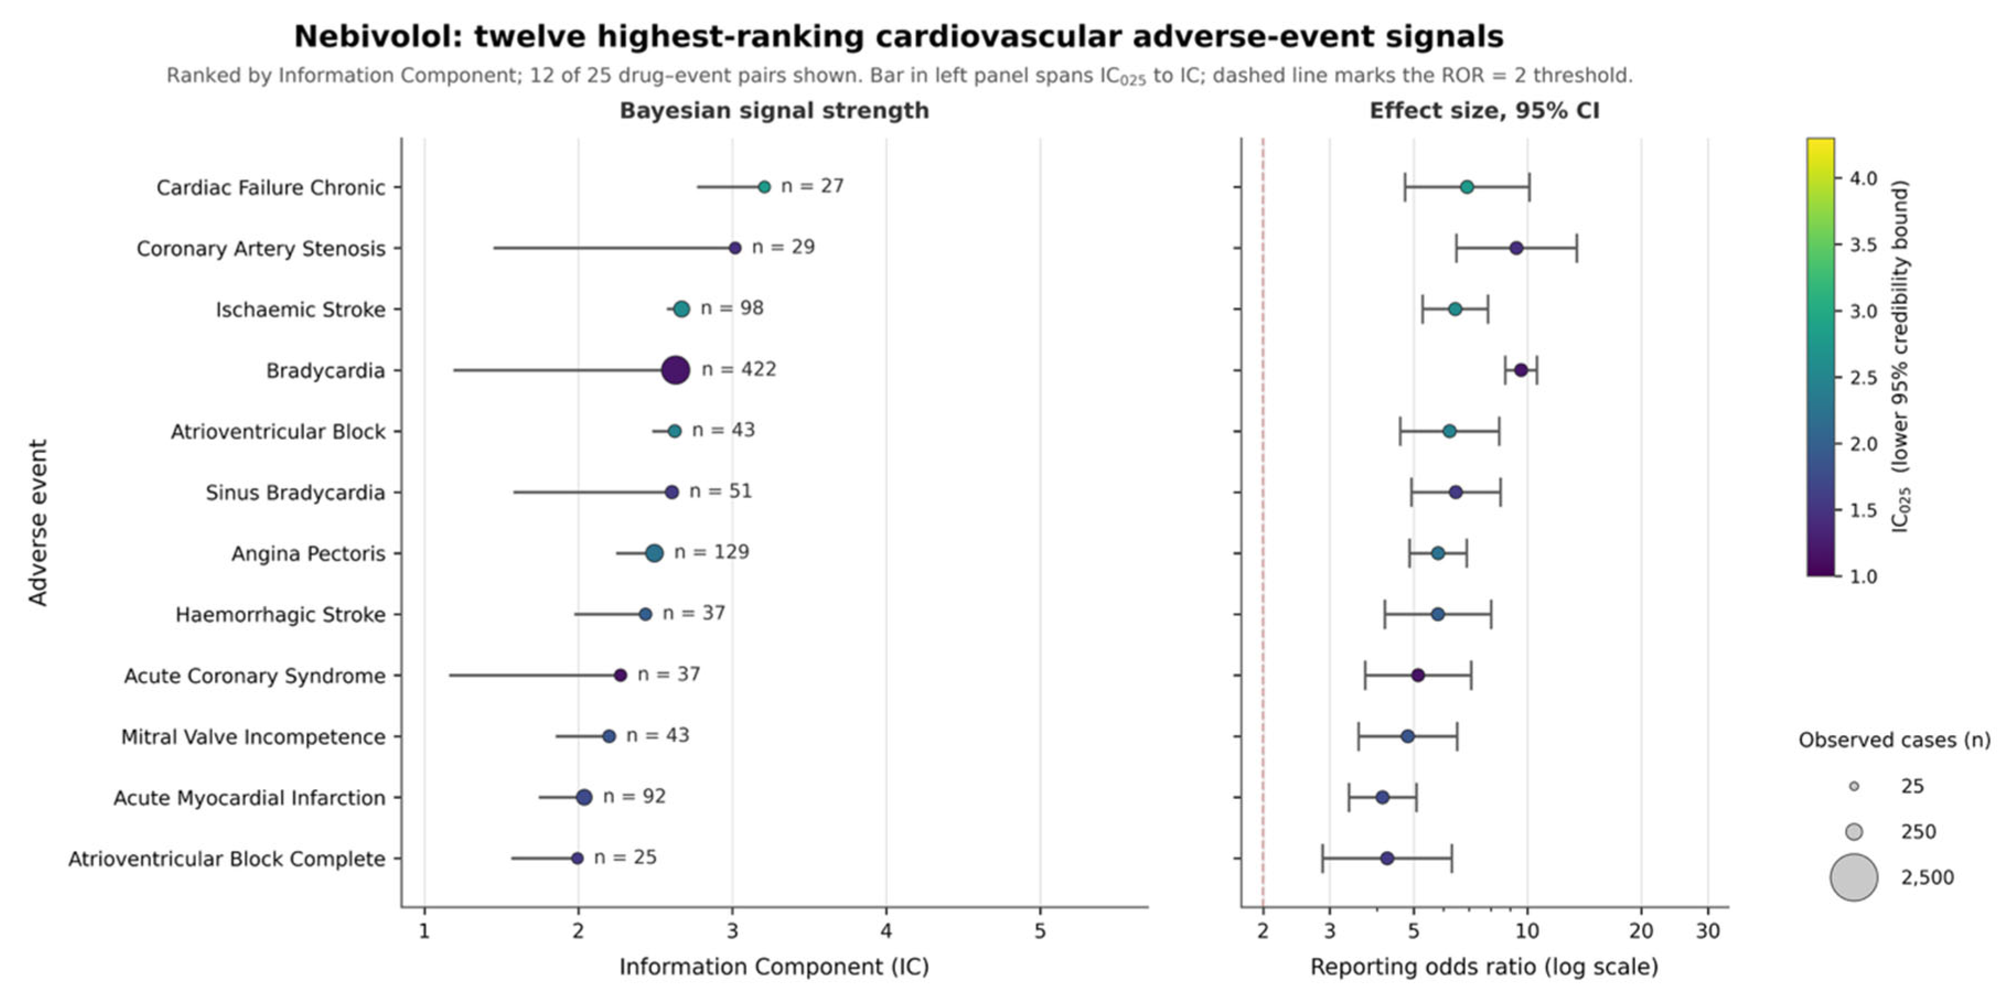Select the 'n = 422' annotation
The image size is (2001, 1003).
739,370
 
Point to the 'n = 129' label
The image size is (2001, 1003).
711,552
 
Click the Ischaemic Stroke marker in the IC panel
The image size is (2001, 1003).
681,309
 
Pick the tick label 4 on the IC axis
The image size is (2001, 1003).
886,931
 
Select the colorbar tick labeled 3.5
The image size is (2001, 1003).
1863,245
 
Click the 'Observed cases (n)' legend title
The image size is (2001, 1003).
1895,740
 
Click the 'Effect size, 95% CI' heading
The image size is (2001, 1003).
1484,111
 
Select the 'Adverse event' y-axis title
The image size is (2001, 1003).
38,522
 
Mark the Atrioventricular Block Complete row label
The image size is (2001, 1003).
227,859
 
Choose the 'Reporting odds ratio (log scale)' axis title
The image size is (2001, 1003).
1484,967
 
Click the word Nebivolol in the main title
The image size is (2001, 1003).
378,36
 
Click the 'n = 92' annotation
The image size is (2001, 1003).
635,796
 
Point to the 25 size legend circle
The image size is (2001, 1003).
1854,786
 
